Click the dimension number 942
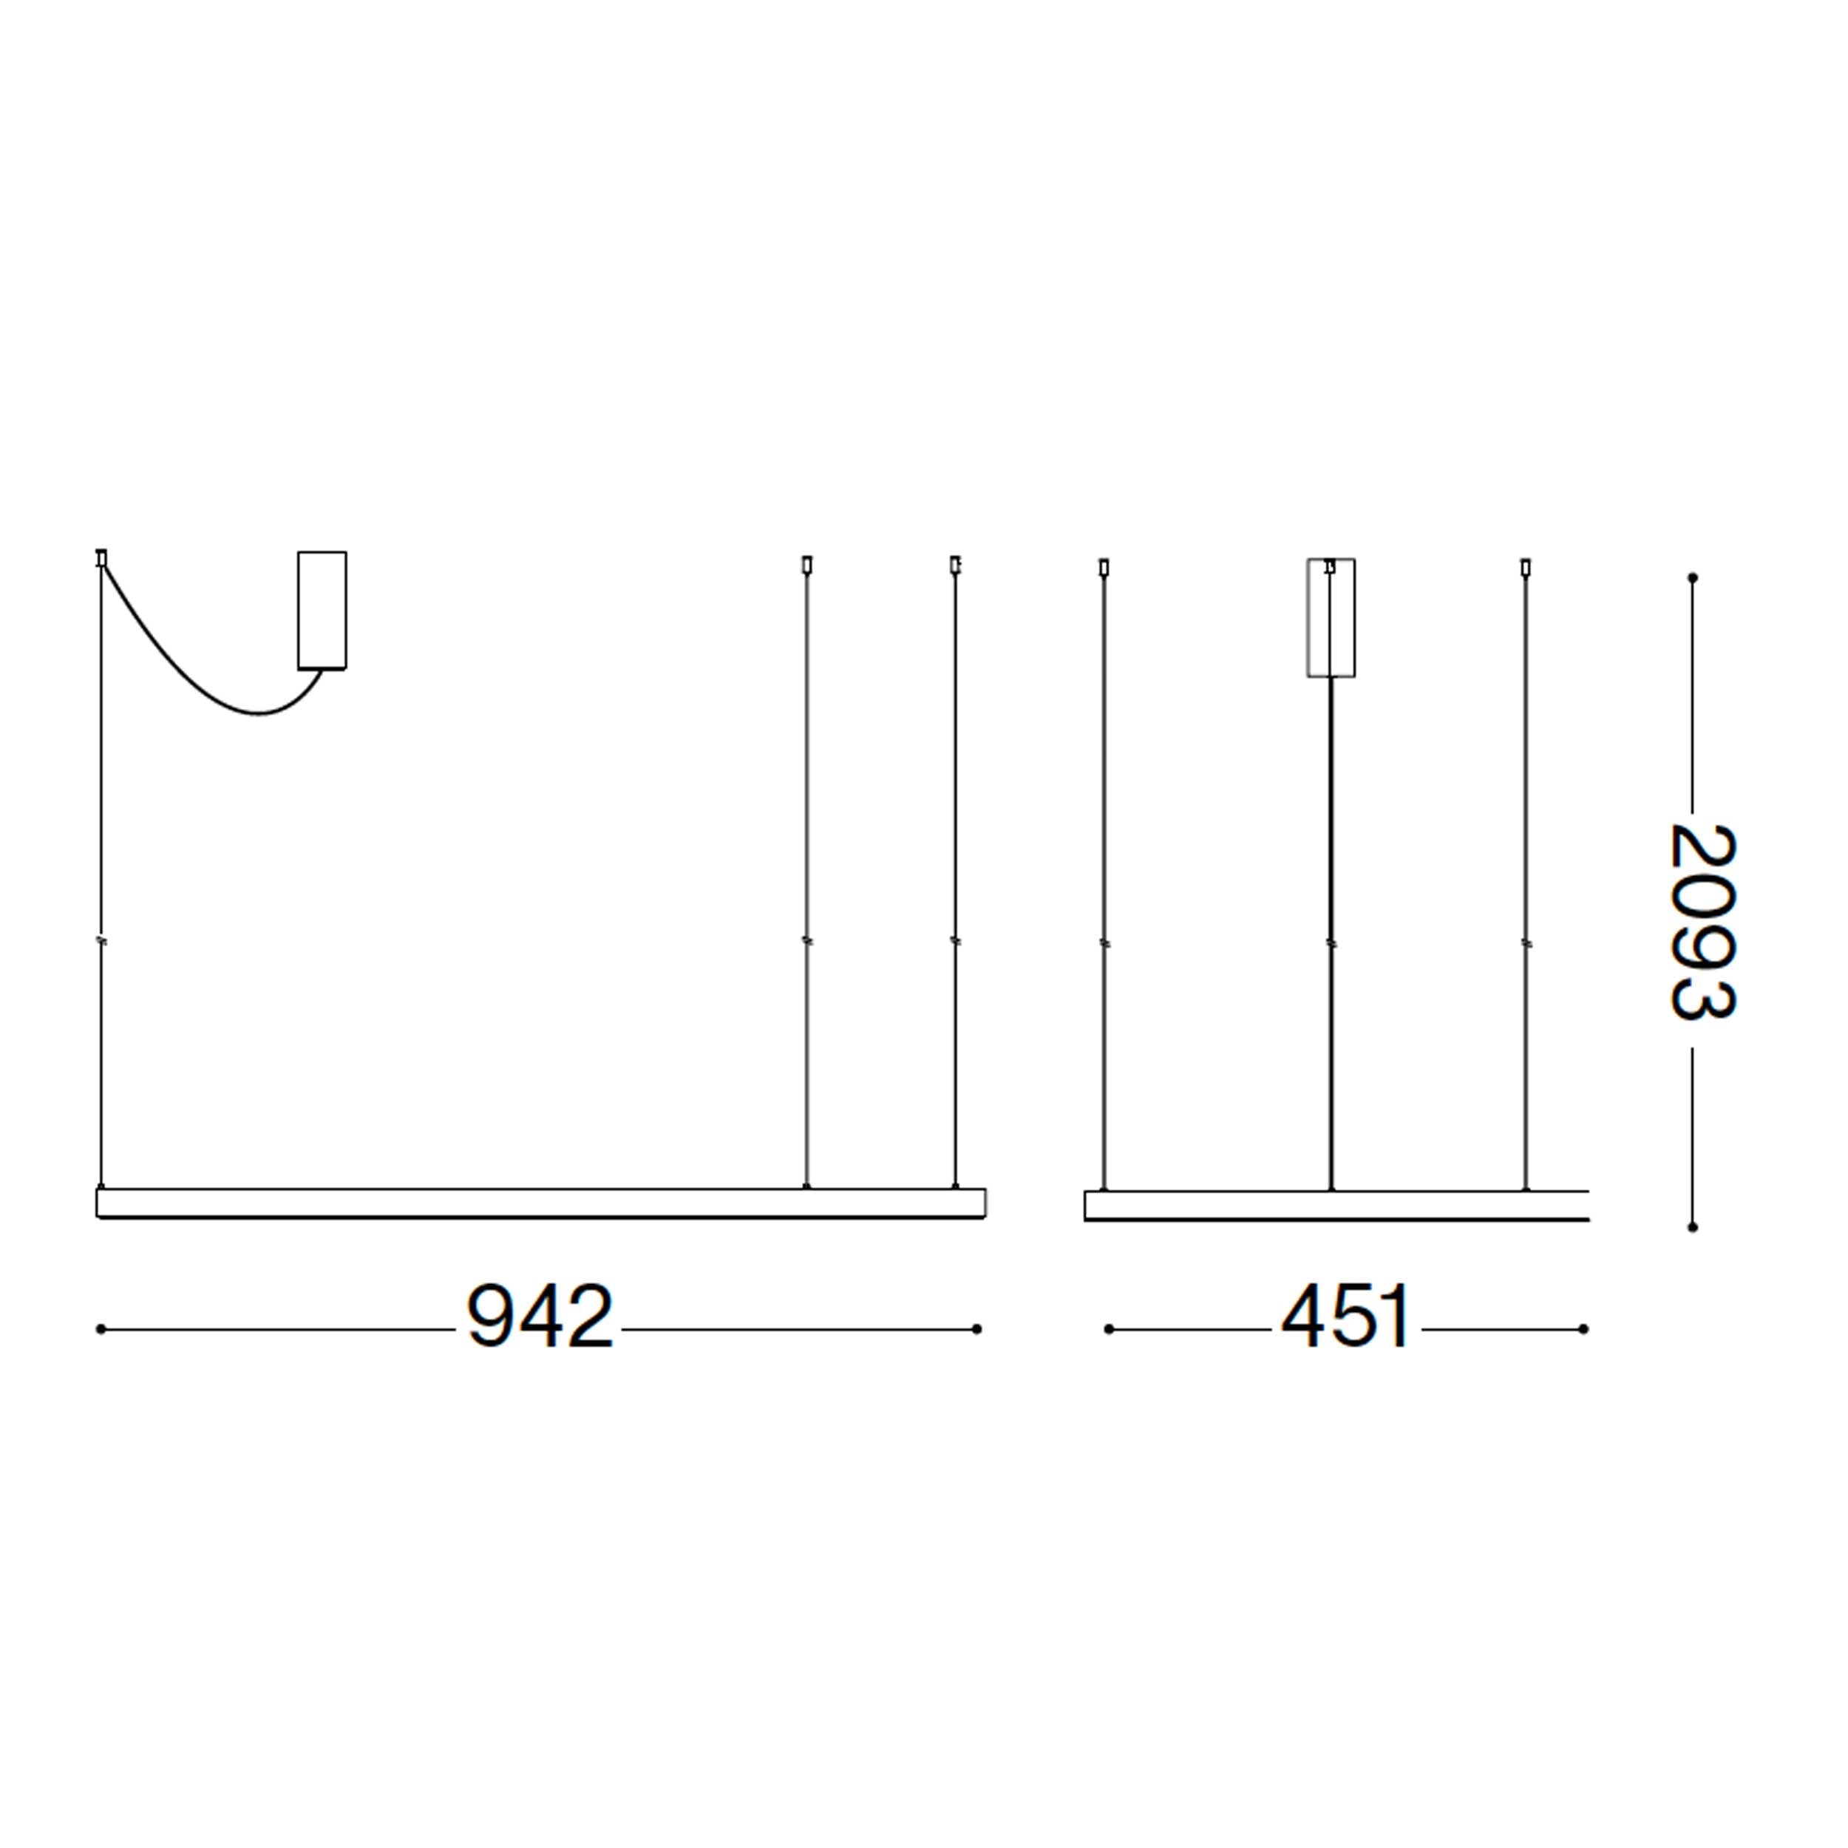(x=540, y=1318)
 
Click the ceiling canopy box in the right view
(x=1331, y=618)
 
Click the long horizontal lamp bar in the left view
(x=540, y=1203)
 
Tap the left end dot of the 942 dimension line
(x=101, y=1328)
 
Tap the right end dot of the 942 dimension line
(x=976, y=1328)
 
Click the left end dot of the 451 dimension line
(x=1109, y=1328)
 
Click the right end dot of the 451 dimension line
(x=1583, y=1328)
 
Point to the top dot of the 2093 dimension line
(x=1692, y=578)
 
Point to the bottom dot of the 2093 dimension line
(x=1692, y=1226)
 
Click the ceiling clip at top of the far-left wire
(x=101, y=557)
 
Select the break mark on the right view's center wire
(x=1331, y=944)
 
